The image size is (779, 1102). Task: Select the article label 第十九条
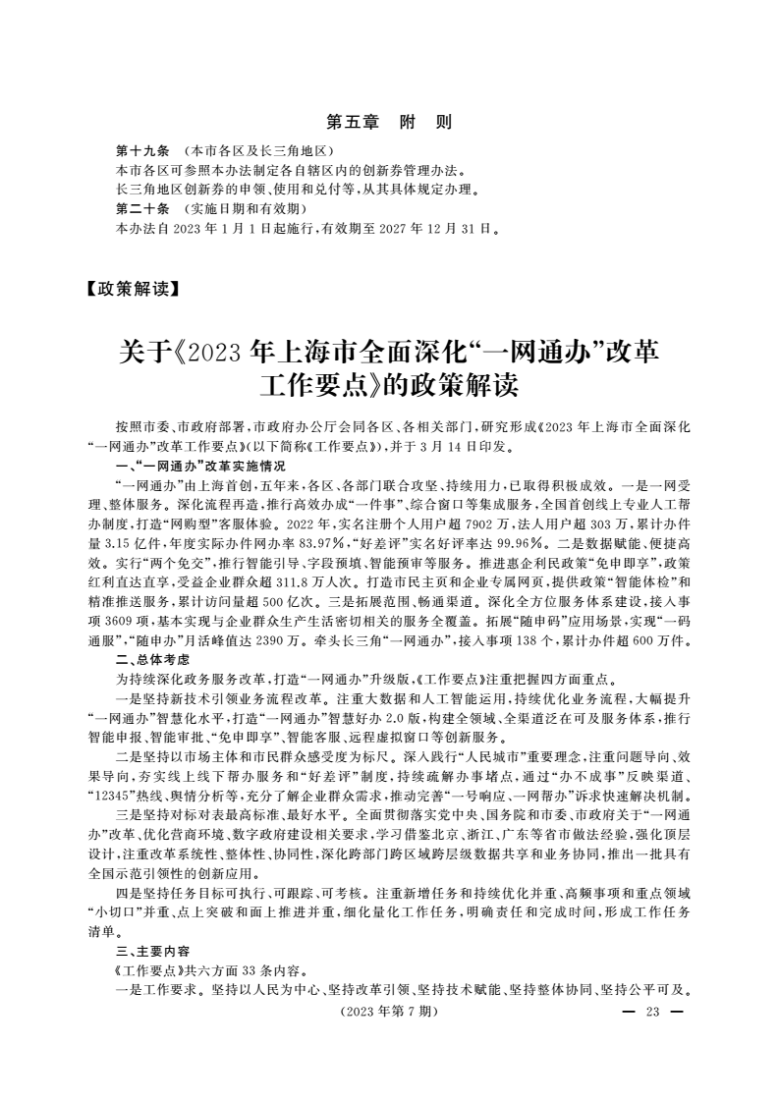[x=142, y=153]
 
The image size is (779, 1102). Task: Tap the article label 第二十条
[x=142, y=209]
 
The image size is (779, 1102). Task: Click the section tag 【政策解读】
[x=132, y=289]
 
